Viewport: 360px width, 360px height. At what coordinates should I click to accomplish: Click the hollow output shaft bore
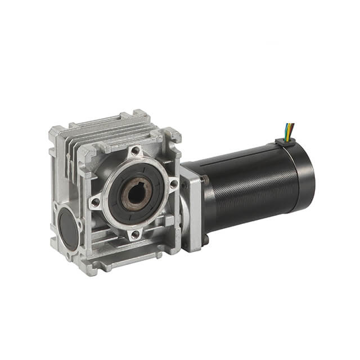(135, 195)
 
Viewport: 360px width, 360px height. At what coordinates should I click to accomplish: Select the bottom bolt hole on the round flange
(134, 235)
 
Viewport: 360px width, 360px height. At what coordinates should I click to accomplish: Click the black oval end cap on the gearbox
(69, 228)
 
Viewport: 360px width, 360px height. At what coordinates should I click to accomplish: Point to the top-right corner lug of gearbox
(172, 135)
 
